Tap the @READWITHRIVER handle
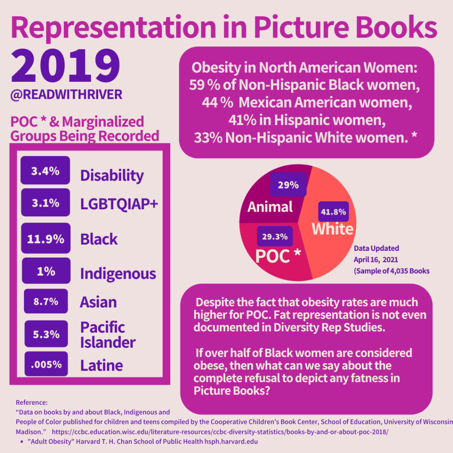coord(66,95)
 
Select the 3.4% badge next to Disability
coord(45,170)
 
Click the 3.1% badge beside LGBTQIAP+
coord(45,203)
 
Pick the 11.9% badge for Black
coord(46,239)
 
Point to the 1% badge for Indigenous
coord(46,271)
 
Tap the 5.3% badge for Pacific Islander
coord(46,334)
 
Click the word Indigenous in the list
coord(118,273)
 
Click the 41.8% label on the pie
coord(334,212)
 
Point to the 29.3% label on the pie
coord(275,236)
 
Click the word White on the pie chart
coord(333,229)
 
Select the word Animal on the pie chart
coord(270,207)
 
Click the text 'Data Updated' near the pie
coord(376,248)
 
